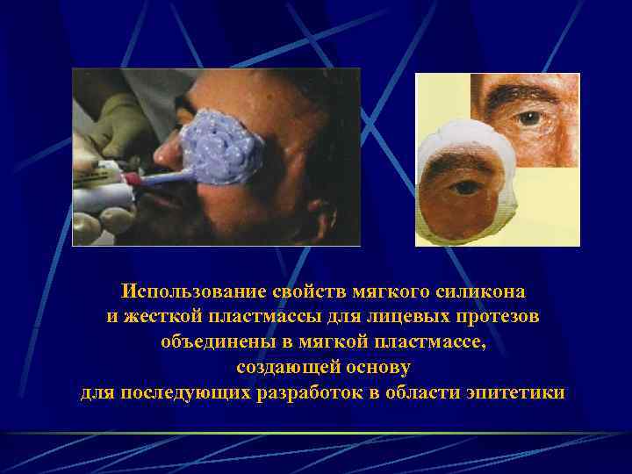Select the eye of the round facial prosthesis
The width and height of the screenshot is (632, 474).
[464, 188]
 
